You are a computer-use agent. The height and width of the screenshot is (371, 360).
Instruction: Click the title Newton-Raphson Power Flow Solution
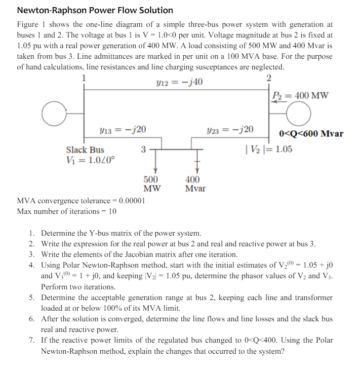point(95,10)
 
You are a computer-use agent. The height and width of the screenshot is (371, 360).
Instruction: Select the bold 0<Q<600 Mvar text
point(311,134)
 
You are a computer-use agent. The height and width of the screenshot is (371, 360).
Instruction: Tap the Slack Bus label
point(85,150)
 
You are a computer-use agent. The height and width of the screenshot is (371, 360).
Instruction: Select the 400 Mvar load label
point(195,184)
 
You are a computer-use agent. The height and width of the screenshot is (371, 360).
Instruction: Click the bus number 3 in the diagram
point(143,150)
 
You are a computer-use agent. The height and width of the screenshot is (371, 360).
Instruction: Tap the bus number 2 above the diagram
point(268,78)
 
